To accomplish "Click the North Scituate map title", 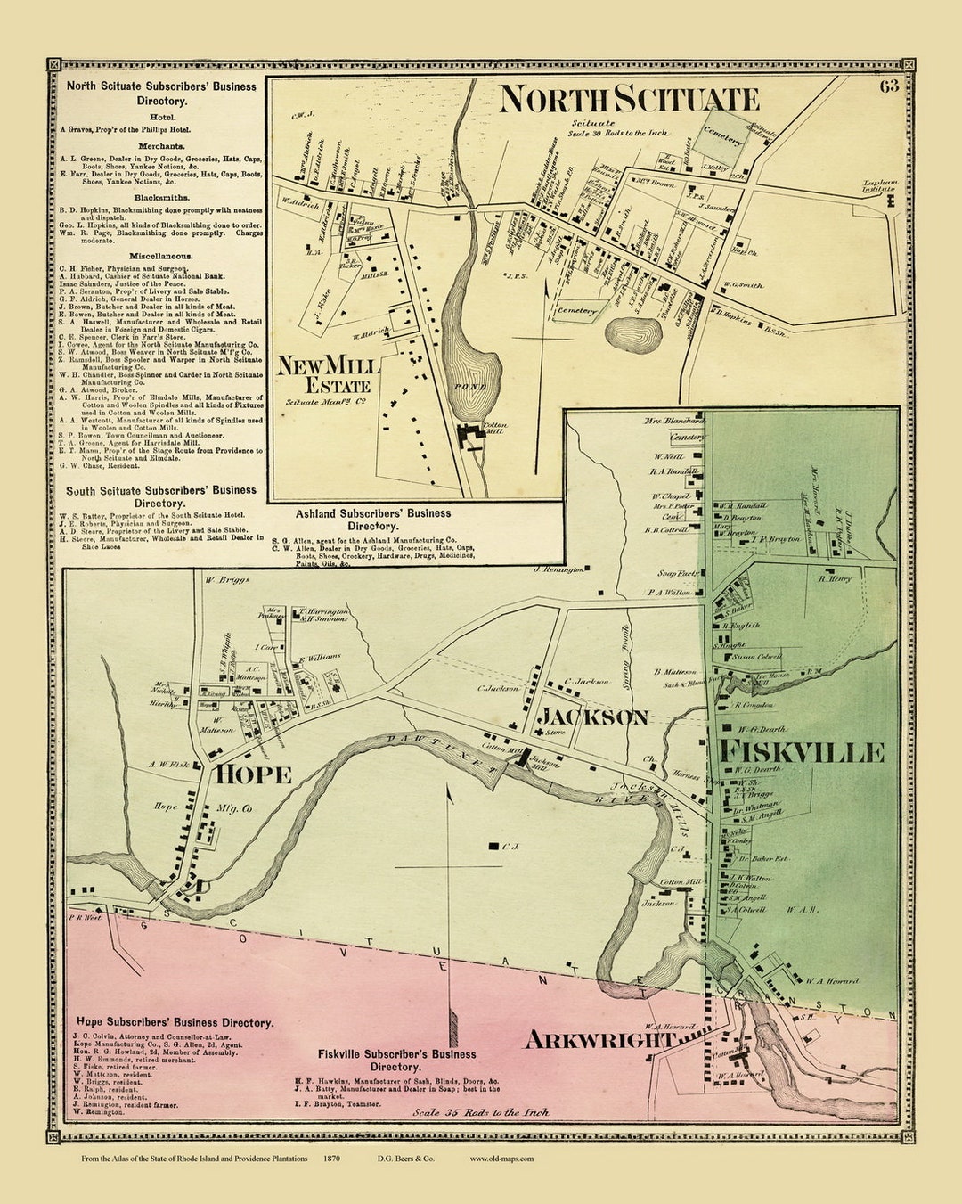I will click(629, 99).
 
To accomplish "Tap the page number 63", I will click(888, 86).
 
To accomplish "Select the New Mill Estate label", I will click(328, 374).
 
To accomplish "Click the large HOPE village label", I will click(252, 774).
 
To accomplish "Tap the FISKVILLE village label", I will click(802, 751).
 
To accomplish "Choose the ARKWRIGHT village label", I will click(599, 1039).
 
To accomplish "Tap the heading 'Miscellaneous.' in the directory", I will click(159, 256).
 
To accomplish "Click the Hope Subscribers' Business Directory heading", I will click(175, 1023).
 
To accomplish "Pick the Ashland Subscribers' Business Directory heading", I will click(373, 520).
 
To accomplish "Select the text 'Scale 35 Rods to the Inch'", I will click(481, 1112).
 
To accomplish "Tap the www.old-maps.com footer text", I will click(501, 1159).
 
